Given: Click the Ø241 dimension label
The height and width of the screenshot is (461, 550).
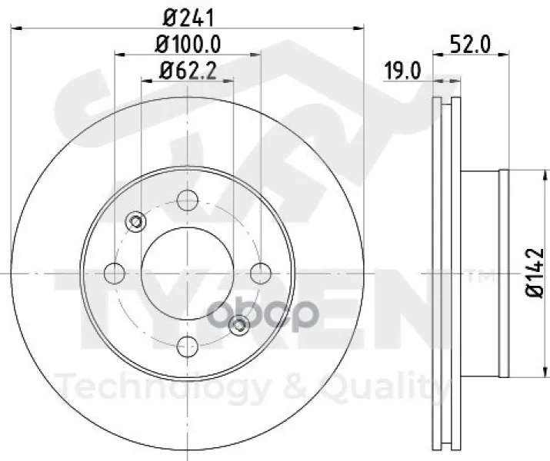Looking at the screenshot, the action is pos(188,18).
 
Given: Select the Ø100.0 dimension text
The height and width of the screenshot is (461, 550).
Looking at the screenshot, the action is pos(188,45).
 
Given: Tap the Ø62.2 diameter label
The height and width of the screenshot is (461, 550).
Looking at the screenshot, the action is pos(188,71).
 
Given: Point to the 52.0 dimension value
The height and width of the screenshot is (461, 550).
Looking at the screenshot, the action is pos(471,45).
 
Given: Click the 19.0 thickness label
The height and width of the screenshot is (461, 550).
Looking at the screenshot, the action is pos(402,71).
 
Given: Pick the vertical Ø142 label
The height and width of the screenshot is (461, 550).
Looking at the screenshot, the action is pos(535,273).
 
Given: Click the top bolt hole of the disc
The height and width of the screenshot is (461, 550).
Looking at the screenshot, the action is pos(188,200).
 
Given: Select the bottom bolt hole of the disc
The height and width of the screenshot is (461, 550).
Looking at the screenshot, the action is pos(188,347).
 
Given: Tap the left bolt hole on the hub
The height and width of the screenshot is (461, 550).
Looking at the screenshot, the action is pos(115,274).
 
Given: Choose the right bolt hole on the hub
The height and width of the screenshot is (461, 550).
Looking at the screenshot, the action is pos(261,274).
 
